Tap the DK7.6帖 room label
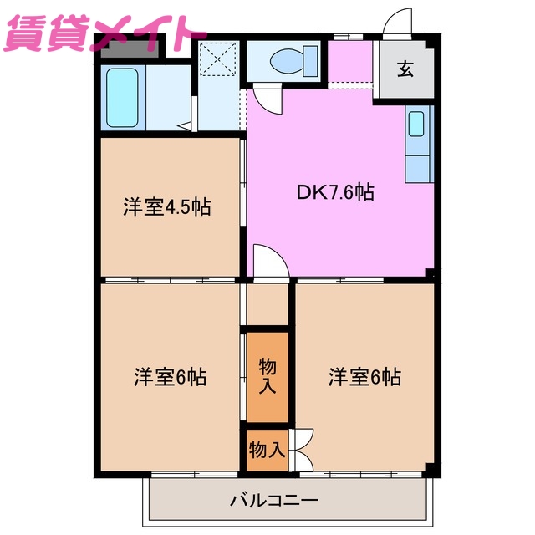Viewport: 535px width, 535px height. pyautogui.click(x=334, y=192)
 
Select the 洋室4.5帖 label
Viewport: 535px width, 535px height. pyautogui.click(x=166, y=207)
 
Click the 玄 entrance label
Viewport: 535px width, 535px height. pyautogui.click(x=405, y=70)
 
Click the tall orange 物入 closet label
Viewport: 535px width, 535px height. pyautogui.click(x=267, y=376)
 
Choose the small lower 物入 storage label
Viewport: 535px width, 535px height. pyautogui.click(x=267, y=450)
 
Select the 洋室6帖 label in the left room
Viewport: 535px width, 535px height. pyautogui.click(x=170, y=377)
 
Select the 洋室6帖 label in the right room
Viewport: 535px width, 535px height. pyautogui.click(x=364, y=377)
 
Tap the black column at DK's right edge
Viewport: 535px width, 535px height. pyautogui.click(x=431, y=273)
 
